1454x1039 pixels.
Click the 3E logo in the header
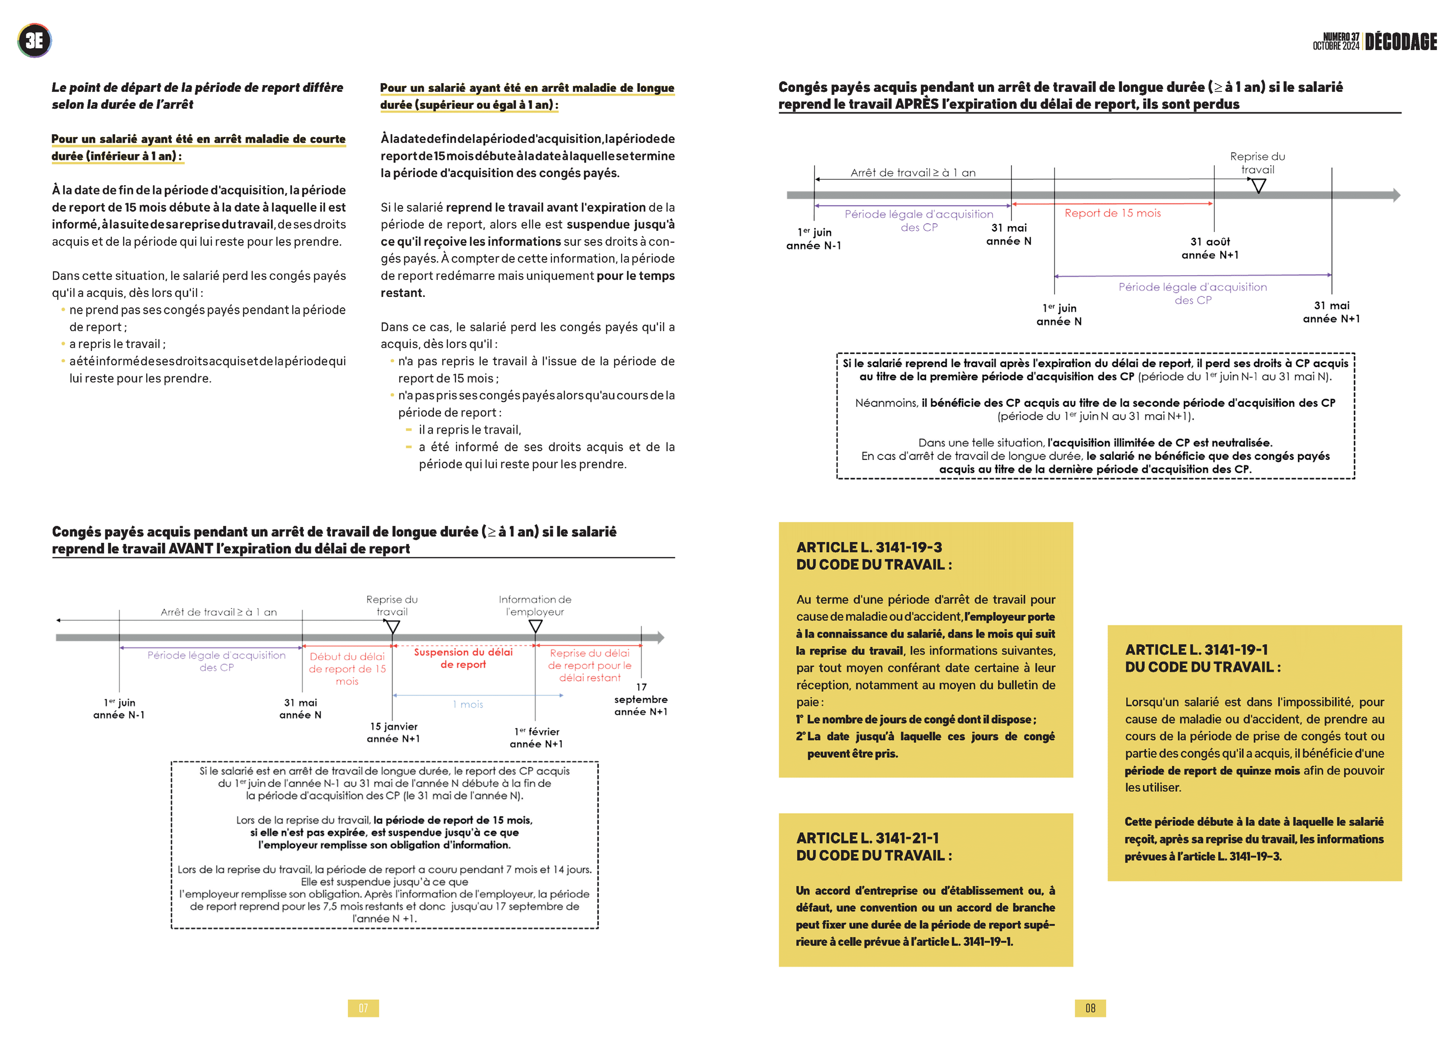pyautogui.click(x=35, y=41)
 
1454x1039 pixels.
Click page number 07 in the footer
pyautogui.click(x=363, y=1008)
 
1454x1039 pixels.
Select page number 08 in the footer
pyautogui.click(x=1090, y=1008)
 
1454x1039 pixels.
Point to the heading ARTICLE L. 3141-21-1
pyautogui.click(x=867, y=838)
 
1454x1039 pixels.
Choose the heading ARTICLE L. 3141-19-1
pyautogui.click(x=1196, y=650)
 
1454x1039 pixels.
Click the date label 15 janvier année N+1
pyautogui.click(x=394, y=733)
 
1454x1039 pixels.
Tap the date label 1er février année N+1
pyautogui.click(x=536, y=738)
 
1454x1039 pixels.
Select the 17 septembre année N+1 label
pyautogui.click(x=640, y=699)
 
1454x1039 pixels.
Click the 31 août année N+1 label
pyautogui.click(x=1210, y=248)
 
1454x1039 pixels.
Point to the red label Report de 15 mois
pyautogui.click(x=1112, y=213)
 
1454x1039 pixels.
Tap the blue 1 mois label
pyautogui.click(x=472, y=704)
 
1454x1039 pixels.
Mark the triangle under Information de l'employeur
pyautogui.click(x=536, y=627)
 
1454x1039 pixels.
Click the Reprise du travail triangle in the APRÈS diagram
pyautogui.click(x=1258, y=186)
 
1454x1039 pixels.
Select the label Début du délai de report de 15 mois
pyautogui.click(x=347, y=669)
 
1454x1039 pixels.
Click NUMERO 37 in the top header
pyautogui.click(x=1341, y=37)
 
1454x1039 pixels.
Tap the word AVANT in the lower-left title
pyautogui.click(x=190, y=549)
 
